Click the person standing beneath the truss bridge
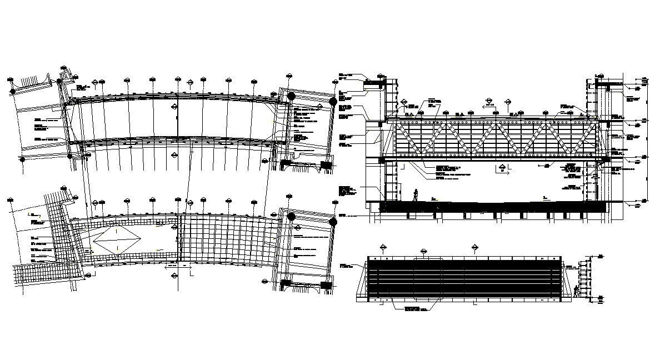(x=415, y=194)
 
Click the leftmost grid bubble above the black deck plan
(x=383, y=246)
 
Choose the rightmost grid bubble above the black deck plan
(x=474, y=246)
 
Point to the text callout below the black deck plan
(x=416, y=308)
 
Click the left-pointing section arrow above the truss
(x=487, y=104)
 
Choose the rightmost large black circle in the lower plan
(x=333, y=222)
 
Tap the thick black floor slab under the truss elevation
(x=494, y=207)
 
